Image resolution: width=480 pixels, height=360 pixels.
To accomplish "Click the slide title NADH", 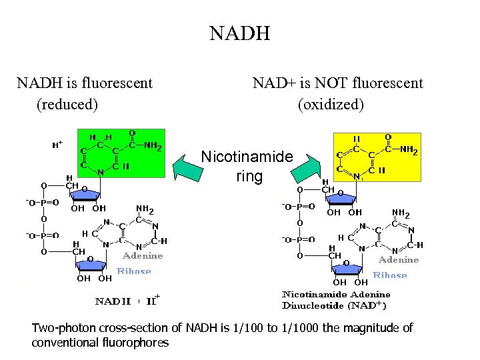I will click(239, 33).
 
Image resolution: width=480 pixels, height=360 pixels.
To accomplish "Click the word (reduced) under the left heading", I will click(67, 105).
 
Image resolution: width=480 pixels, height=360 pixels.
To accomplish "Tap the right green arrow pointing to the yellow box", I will click(305, 169).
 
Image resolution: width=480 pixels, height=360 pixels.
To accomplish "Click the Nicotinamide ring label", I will click(247, 167).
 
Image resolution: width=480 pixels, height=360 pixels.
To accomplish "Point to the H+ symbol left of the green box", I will click(57, 143).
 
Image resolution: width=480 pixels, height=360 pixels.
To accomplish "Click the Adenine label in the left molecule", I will click(143, 255).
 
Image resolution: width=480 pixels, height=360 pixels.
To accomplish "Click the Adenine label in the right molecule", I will click(399, 259).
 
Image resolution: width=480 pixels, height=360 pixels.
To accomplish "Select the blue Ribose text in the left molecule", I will click(134, 271).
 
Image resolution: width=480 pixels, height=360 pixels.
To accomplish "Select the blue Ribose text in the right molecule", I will click(390, 275).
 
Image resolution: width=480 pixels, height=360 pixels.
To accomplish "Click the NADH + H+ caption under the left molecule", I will click(126, 301).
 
